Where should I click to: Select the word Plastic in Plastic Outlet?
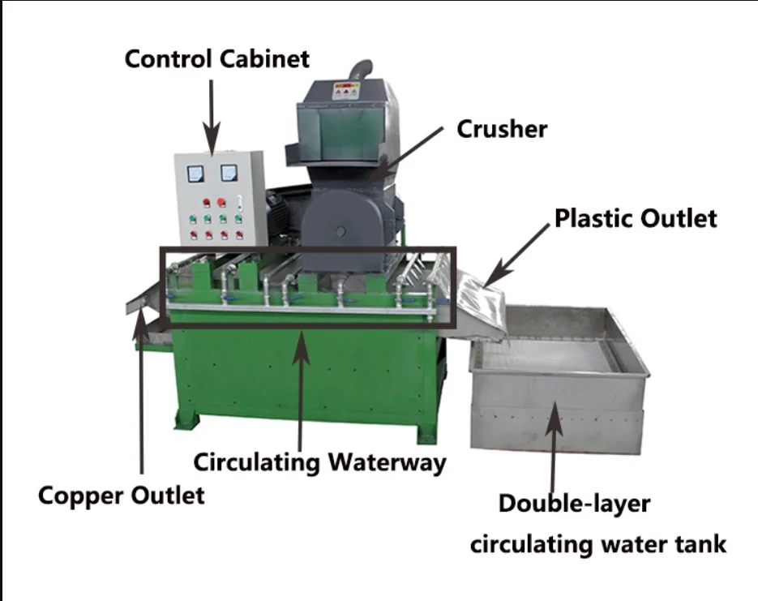[x=593, y=218]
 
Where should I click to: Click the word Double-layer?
[x=574, y=504]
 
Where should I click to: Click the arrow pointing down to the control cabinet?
[x=211, y=113]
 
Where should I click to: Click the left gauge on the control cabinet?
[x=195, y=173]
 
